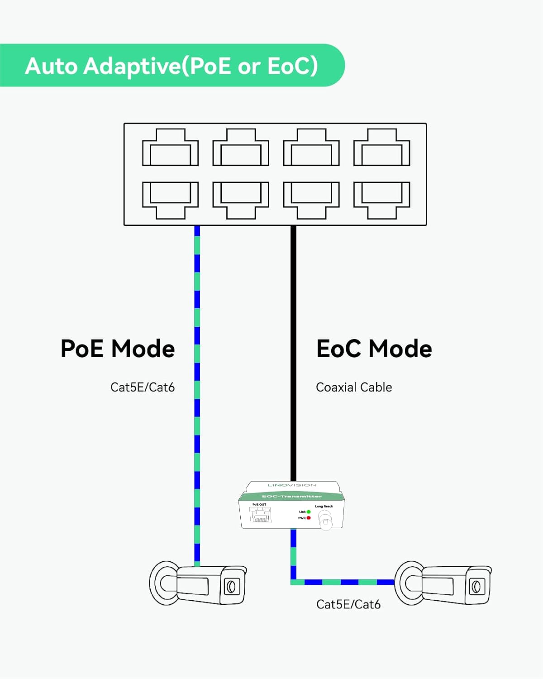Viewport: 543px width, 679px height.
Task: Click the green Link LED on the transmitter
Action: tap(309, 512)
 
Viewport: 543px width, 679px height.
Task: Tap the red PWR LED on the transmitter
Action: tap(309, 518)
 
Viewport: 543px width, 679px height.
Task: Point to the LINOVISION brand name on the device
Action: tap(292, 485)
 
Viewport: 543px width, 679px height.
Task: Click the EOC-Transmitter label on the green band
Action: tap(292, 497)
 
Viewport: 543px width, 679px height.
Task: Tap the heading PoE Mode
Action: tap(118, 349)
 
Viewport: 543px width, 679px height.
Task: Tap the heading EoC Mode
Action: tap(374, 349)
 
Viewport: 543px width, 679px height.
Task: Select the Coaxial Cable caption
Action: tap(354, 387)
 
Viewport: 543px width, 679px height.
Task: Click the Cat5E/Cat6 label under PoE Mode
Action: tap(143, 387)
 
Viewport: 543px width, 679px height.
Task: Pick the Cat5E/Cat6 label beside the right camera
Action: tap(348, 604)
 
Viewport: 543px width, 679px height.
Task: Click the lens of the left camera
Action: tap(231, 587)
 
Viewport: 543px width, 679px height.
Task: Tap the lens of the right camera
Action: tap(476, 587)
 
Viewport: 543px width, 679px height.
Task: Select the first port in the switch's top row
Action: tap(170, 148)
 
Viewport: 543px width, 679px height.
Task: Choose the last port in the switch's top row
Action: tap(381, 148)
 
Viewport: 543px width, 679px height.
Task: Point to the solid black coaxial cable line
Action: tap(293, 353)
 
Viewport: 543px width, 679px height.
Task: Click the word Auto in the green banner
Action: tap(51, 66)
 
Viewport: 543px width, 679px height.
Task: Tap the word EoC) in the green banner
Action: tap(293, 66)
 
